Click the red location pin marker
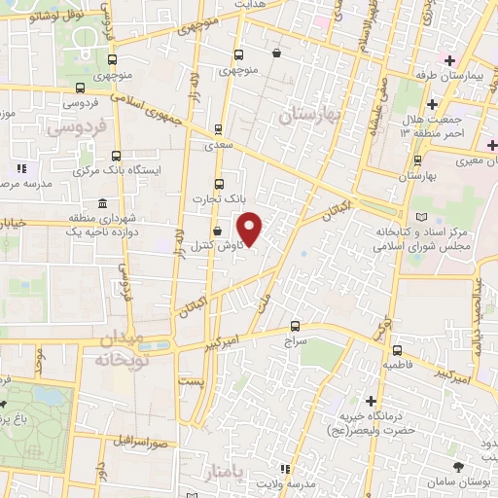[250, 229]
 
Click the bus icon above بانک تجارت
[217, 182]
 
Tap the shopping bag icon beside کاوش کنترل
[216, 232]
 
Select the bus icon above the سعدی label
[217, 127]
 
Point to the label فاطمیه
[398, 364]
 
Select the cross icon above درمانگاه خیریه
[371, 400]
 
